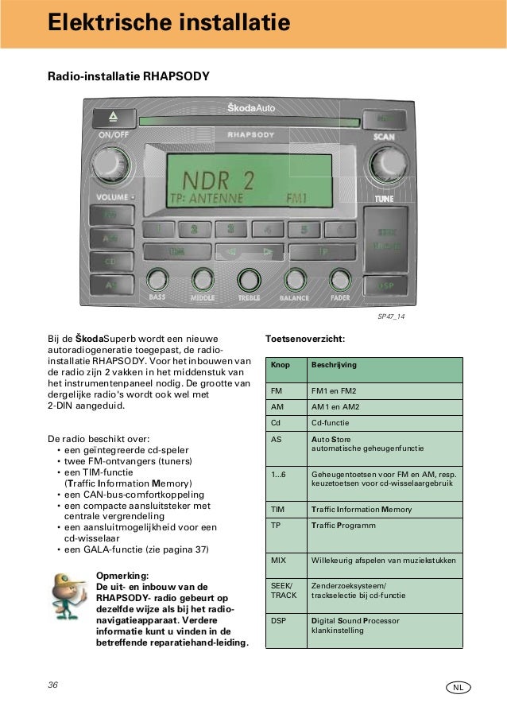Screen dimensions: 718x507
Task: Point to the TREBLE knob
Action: click(249, 279)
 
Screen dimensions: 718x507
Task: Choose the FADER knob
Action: click(340, 279)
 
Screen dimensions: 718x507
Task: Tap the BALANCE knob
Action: click(295, 279)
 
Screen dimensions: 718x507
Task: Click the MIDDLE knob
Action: click(202, 279)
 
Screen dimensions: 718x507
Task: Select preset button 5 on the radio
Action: click(303, 230)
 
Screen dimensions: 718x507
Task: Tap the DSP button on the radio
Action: click(386, 285)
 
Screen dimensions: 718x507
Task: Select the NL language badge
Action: click(459, 686)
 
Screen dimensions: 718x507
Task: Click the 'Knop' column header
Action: click(281, 365)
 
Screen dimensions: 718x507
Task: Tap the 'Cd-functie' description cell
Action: click(327, 423)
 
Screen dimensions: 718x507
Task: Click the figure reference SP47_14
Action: click(391, 316)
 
